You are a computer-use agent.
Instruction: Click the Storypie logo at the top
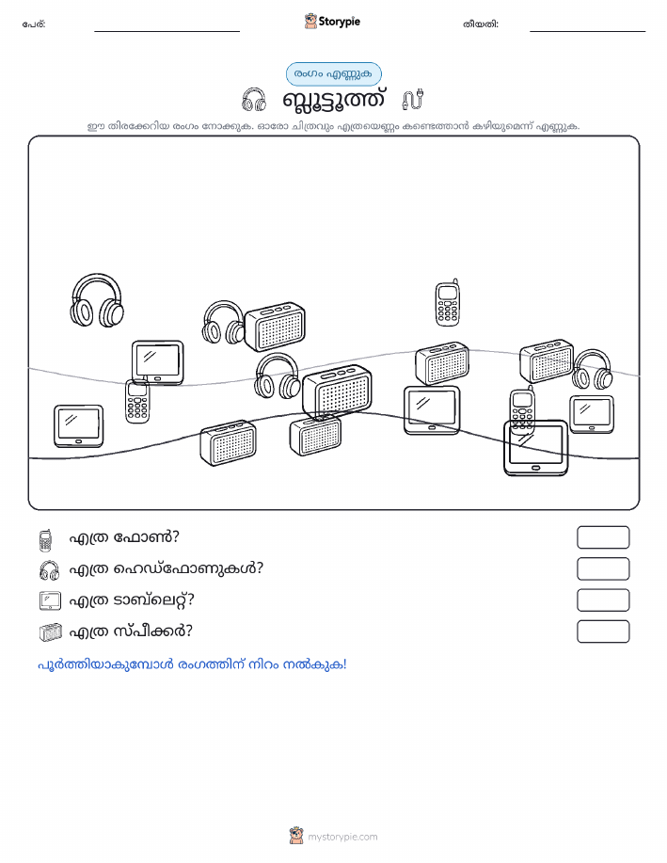(x=332, y=22)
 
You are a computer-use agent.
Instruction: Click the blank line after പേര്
(x=167, y=31)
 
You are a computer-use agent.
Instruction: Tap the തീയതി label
(x=481, y=24)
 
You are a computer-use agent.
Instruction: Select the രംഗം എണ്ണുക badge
(x=333, y=74)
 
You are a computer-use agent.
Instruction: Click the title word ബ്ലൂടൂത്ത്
(x=333, y=100)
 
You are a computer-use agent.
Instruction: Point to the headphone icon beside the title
(x=254, y=100)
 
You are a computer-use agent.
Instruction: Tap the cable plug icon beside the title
(x=413, y=99)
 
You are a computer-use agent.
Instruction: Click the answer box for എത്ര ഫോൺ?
(x=603, y=537)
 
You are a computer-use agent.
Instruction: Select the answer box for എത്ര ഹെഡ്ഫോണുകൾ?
(x=603, y=569)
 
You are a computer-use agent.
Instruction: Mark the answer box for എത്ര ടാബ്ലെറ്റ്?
(x=603, y=600)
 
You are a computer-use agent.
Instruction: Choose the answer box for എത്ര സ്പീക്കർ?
(x=603, y=631)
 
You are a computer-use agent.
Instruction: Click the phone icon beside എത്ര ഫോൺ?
(x=46, y=540)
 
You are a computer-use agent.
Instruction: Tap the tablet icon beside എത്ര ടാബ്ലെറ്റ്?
(x=50, y=600)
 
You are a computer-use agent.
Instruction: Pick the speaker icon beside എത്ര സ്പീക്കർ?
(x=51, y=632)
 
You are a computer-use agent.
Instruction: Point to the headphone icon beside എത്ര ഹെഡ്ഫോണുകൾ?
(x=50, y=570)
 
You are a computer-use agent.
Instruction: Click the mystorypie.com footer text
(x=342, y=838)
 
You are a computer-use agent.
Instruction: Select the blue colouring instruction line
(x=192, y=664)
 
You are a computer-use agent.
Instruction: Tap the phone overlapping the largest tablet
(x=522, y=410)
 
